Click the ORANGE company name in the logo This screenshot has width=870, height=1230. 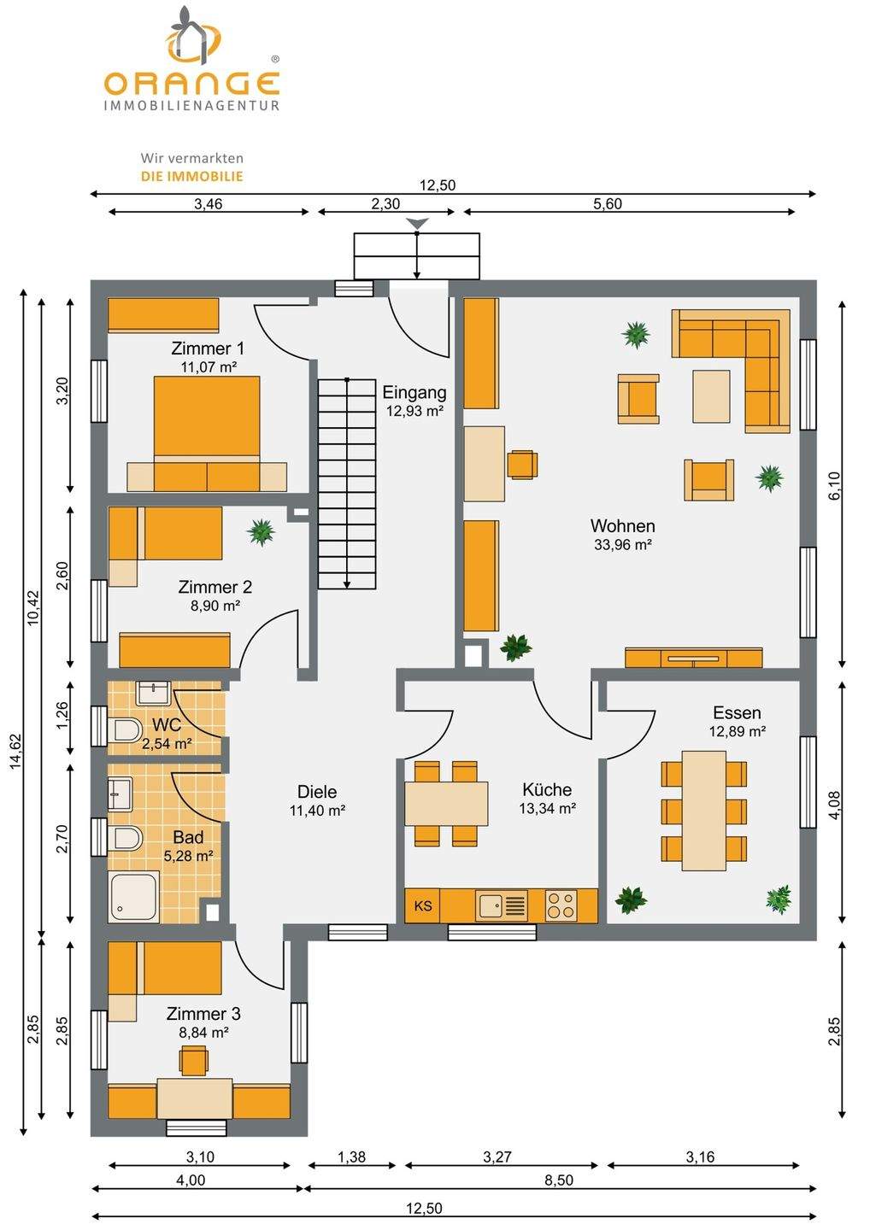191,84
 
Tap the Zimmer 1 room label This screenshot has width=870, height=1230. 208,348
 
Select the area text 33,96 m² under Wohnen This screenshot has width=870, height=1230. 622,545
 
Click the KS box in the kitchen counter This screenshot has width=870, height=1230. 422,906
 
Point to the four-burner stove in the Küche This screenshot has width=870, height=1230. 561,905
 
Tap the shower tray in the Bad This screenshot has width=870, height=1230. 134,897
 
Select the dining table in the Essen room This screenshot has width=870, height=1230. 704,811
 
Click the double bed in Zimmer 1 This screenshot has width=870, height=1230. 207,433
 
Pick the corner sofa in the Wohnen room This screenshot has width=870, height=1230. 731,371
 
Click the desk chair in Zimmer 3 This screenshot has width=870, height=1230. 193,1060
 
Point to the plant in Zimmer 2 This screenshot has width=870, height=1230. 261,531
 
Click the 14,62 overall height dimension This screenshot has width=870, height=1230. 16,751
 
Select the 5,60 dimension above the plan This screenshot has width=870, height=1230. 608,203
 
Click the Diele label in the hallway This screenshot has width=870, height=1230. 317,791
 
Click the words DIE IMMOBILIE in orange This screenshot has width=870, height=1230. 191,176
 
